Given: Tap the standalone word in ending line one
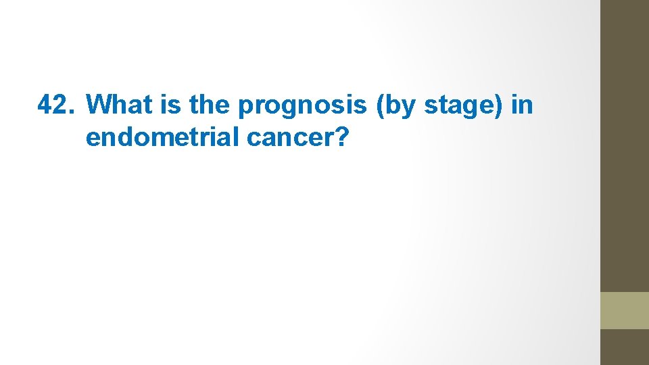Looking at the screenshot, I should (523, 105).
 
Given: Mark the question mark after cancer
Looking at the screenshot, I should (343, 137).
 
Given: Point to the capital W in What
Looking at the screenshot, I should (99, 105).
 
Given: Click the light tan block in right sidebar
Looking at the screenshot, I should (625, 310).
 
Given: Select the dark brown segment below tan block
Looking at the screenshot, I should (625, 347).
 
